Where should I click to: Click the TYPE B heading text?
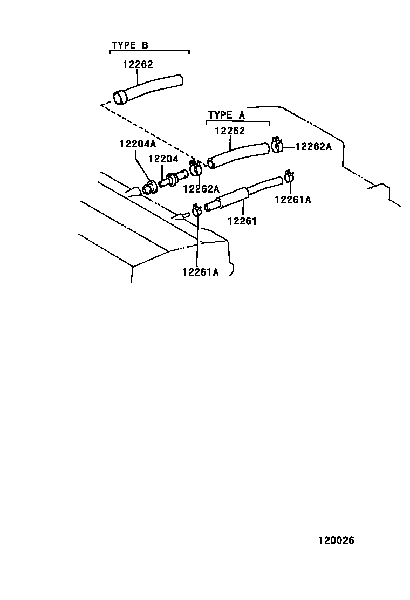(129, 45)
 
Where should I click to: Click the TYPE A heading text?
(226, 115)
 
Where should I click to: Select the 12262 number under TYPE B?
(138, 64)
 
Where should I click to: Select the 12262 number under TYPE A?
(229, 131)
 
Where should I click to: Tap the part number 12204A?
(138, 144)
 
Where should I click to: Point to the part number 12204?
(162, 159)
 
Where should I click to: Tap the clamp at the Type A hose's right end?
(278, 145)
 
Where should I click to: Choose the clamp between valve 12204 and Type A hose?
(196, 168)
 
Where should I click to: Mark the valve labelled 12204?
(173, 178)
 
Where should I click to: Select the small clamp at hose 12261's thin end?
(289, 176)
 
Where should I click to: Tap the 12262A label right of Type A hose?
(313, 146)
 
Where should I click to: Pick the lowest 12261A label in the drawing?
(200, 271)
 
